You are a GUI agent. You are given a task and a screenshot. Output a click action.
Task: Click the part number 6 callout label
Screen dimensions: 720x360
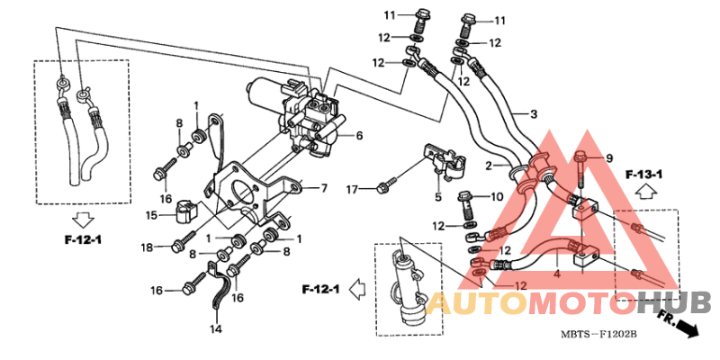[x=359, y=136]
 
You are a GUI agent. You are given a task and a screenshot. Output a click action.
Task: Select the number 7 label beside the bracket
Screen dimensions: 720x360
[x=324, y=188]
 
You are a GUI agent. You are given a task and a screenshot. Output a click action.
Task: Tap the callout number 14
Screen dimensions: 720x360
[x=216, y=328]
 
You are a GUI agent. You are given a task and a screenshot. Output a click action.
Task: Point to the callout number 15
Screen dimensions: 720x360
[x=152, y=214]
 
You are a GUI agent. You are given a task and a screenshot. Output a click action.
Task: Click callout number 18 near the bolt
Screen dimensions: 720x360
[x=147, y=248]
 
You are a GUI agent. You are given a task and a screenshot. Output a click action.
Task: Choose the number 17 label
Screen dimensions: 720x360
[x=352, y=188]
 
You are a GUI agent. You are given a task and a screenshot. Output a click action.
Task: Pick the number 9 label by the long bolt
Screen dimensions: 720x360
[x=609, y=159]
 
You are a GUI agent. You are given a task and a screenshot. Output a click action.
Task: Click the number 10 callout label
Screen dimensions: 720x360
[x=498, y=197]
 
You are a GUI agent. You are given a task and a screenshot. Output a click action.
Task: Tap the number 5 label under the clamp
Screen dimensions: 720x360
[x=438, y=197]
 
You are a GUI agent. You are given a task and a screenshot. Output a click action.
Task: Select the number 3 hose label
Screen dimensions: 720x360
[x=533, y=114]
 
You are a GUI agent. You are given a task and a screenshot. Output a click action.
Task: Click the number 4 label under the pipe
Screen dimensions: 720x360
[x=557, y=275]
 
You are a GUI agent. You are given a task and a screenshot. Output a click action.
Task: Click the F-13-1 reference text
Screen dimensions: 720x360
[x=643, y=175]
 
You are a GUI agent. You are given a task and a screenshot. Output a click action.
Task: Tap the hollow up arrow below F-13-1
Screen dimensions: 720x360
[x=645, y=192]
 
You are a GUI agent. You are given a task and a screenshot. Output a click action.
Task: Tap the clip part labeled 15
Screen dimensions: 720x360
[x=186, y=211]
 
